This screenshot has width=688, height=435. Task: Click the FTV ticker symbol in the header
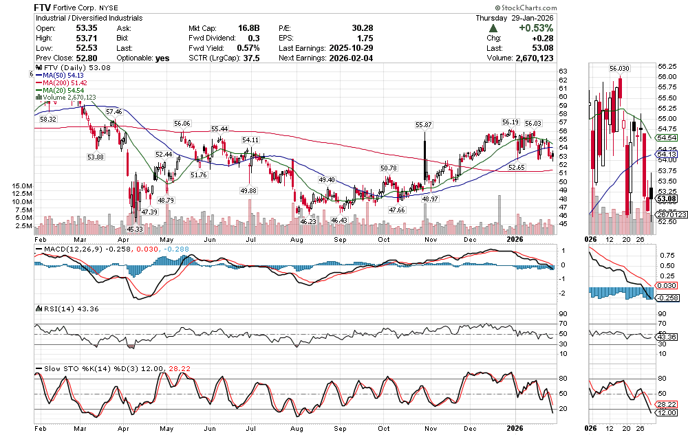45,6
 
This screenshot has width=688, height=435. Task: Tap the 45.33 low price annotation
134,228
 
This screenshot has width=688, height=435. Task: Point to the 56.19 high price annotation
510,122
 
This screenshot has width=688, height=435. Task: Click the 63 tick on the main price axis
562,71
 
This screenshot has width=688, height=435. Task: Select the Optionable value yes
162,58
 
